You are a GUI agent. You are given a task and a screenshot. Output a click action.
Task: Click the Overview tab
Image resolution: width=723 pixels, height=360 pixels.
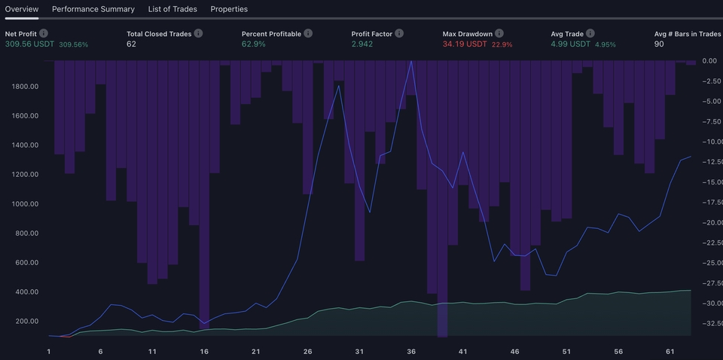(x=21, y=9)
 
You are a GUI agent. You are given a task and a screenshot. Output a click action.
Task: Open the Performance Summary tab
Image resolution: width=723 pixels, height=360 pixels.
(x=93, y=9)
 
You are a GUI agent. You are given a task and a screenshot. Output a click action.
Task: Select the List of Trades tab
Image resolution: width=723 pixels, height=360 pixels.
(x=172, y=9)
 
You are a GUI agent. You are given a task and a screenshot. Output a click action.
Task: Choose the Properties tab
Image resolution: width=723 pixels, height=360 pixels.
(x=229, y=9)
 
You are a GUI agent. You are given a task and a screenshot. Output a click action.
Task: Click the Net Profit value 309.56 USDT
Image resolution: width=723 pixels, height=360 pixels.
(x=29, y=44)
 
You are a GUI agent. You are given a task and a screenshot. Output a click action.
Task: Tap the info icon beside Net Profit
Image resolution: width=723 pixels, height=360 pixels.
(x=44, y=34)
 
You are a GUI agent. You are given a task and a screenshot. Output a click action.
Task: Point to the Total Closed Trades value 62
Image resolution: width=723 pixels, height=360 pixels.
(x=131, y=44)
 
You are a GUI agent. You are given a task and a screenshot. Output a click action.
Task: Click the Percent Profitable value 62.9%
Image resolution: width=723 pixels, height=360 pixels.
(x=254, y=44)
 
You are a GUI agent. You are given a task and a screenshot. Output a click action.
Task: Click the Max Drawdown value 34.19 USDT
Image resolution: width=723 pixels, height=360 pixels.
(x=465, y=44)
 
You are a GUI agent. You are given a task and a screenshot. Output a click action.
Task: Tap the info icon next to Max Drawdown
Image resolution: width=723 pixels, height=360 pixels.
(x=499, y=34)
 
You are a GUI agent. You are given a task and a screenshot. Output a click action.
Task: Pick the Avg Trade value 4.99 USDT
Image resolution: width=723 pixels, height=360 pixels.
(x=571, y=44)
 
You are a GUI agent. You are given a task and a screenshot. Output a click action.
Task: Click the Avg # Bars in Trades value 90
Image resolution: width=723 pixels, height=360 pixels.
(x=660, y=44)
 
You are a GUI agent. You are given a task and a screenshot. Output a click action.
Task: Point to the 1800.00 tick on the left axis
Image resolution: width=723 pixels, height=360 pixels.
(x=25, y=87)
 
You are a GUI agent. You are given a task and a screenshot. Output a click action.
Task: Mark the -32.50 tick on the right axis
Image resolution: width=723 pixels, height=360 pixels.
(x=712, y=323)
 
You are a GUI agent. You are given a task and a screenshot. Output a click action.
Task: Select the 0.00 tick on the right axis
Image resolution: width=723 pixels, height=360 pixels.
(x=709, y=61)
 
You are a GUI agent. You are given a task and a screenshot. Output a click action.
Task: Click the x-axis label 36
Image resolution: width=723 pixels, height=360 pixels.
(x=411, y=352)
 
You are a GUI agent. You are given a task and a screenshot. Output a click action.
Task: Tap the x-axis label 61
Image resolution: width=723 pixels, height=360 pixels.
(x=670, y=352)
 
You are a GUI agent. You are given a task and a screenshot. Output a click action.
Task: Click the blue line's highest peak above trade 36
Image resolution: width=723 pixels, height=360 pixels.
(x=411, y=62)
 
